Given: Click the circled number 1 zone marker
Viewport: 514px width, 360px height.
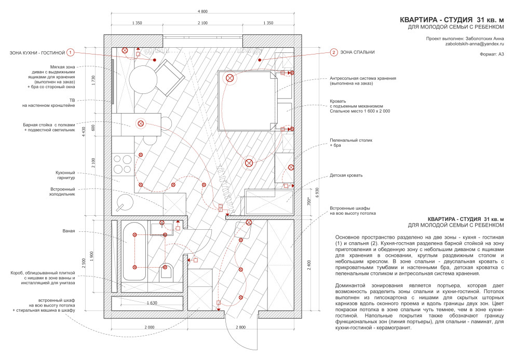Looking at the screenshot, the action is coord(70,52).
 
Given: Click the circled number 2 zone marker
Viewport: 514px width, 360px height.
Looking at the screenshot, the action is coord(333,52).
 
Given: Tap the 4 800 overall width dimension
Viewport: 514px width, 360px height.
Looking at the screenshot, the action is coord(202,11).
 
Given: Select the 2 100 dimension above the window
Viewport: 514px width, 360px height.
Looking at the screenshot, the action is coord(202,23).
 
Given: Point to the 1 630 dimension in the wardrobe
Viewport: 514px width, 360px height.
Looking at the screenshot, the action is coord(152,303).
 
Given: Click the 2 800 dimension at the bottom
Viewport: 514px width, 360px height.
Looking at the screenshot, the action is coord(240,327).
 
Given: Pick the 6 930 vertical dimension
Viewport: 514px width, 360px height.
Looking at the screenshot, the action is coord(317,192).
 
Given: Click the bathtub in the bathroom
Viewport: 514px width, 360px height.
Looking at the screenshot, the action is coord(134,251).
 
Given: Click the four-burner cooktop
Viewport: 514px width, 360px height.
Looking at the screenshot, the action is coord(123,164).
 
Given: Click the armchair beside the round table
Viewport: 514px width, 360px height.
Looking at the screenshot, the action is coord(169,78).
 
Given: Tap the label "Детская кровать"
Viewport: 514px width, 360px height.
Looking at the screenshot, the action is coord(346,175).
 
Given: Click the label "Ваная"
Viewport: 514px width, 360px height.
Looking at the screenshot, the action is coord(69,231).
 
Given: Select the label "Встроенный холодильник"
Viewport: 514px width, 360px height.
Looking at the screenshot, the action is coord(62,191).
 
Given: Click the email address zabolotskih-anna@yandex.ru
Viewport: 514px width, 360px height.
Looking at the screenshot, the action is coord(475,44).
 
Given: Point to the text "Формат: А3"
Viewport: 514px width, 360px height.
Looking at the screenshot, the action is coord(492,54).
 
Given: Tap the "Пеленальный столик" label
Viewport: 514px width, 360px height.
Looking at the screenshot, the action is coord(351,140).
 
